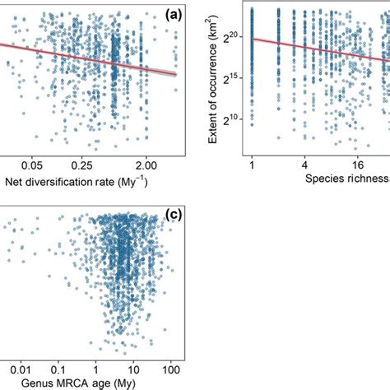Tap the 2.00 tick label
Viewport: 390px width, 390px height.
tap(146, 165)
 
